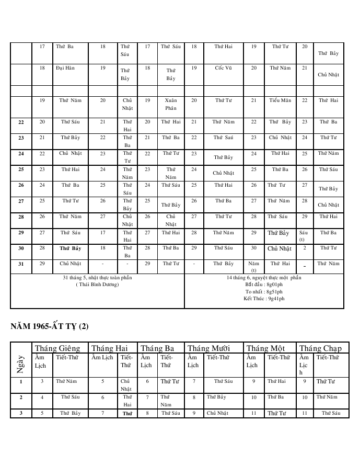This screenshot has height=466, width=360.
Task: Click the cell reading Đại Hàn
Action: [64, 68]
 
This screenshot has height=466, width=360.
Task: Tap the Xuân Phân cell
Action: [171, 104]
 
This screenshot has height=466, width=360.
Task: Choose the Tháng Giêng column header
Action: [57, 348]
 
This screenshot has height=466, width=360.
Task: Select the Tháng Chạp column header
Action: [321, 348]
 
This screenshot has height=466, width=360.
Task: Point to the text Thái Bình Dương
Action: [97, 285]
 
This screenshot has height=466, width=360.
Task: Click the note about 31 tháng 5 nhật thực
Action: [97, 278]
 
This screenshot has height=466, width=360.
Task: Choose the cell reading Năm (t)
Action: [254, 267]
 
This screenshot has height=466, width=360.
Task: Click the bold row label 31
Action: [21, 264]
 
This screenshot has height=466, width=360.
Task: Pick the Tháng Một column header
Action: [265, 348]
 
